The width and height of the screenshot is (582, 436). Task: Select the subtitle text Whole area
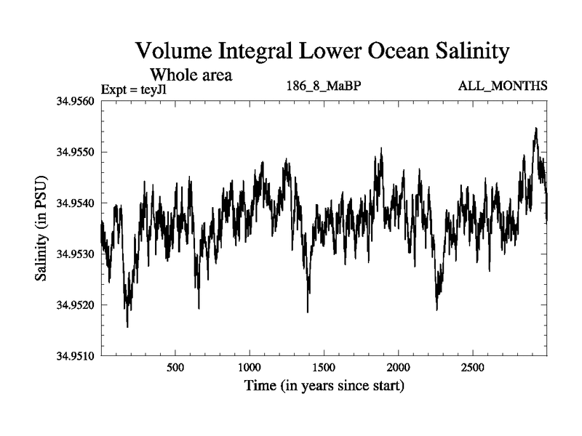191,74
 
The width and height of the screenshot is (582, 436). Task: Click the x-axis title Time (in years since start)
324,385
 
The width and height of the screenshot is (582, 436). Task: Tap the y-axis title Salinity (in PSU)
41,228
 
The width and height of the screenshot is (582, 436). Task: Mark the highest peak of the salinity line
535,129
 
